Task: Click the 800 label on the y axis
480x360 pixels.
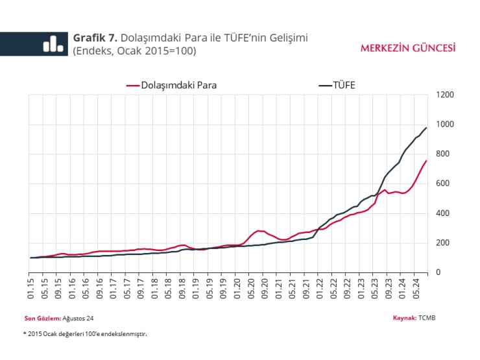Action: (x=444, y=154)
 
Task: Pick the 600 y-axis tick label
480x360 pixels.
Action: (x=444, y=184)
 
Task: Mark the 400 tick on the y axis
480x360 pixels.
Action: (x=444, y=213)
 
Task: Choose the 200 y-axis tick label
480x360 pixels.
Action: (x=444, y=243)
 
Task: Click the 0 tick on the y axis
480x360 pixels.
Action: (x=438, y=272)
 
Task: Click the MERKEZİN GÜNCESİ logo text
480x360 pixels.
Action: (x=407, y=48)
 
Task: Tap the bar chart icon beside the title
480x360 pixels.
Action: (x=53, y=43)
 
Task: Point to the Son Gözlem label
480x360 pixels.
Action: (x=42, y=318)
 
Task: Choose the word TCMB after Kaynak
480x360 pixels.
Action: (x=427, y=318)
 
